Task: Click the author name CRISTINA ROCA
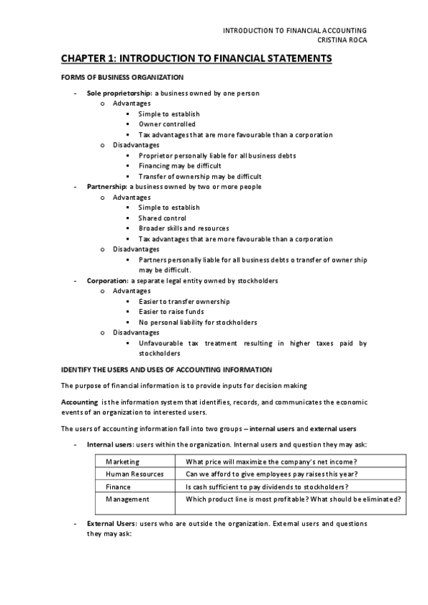click(341, 39)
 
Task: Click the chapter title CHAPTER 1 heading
click(196, 59)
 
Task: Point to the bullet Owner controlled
click(166, 124)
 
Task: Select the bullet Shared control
click(162, 218)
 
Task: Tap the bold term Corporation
click(106, 280)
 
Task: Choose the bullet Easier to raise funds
click(171, 312)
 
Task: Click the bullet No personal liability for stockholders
click(198, 322)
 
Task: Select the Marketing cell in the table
click(122, 462)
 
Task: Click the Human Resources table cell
click(134, 474)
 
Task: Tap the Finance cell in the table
click(118, 487)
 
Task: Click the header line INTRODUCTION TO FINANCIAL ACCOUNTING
click(295, 30)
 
